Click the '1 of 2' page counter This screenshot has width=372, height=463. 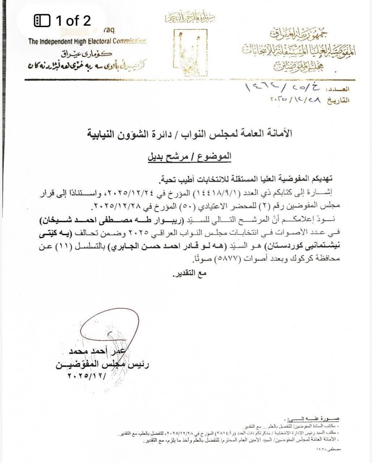(x=73, y=21)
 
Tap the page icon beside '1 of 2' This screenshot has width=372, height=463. (x=42, y=21)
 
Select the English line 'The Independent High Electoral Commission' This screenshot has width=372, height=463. (x=87, y=41)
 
